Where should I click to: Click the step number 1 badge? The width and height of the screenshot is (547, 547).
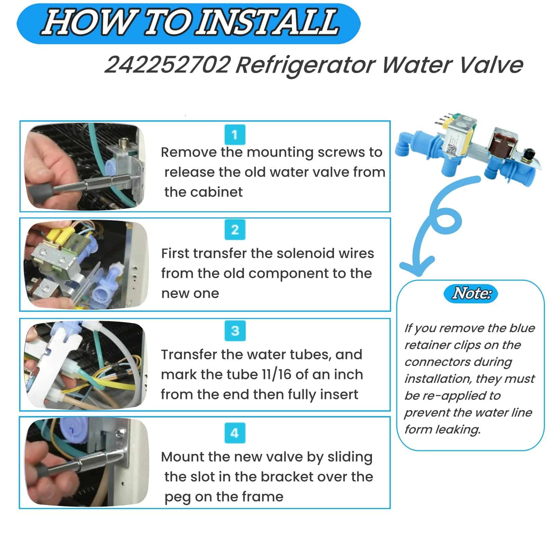(235, 135)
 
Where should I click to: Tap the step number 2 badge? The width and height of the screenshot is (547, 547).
(235, 230)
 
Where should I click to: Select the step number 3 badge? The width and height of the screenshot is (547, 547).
(235, 331)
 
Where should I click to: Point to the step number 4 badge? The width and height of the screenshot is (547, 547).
(235, 433)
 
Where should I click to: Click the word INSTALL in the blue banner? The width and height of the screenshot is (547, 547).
(268, 23)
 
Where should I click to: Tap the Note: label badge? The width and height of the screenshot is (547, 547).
(471, 294)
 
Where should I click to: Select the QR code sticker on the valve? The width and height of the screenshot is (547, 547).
(451, 149)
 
